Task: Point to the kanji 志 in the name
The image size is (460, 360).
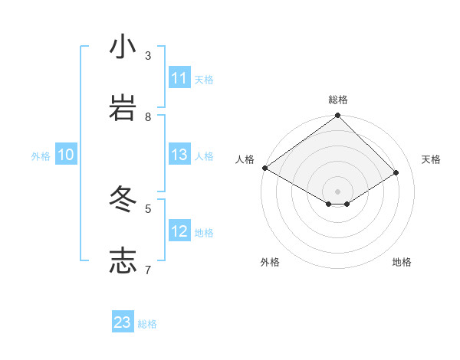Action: (x=123, y=260)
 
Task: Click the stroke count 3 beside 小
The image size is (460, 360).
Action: (x=148, y=55)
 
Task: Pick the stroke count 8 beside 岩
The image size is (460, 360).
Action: (x=148, y=116)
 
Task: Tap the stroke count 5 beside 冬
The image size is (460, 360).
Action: (x=148, y=208)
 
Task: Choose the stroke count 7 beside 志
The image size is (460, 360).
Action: (x=148, y=269)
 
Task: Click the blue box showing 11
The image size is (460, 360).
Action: (x=179, y=78)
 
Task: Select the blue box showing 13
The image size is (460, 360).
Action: (x=179, y=155)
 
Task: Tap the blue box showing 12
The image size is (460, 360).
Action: (x=179, y=231)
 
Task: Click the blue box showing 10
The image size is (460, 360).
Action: (x=66, y=155)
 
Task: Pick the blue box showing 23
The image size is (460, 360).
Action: (x=123, y=322)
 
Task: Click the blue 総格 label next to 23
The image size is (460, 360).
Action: (x=147, y=324)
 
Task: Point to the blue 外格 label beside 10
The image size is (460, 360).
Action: (x=41, y=156)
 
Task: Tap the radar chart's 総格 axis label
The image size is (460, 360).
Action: (x=338, y=100)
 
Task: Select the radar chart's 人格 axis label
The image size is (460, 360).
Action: (x=245, y=159)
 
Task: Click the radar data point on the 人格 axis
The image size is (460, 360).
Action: (x=264, y=168)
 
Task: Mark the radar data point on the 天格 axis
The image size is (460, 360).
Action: (x=396, y=172)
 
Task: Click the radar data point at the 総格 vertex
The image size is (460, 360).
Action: (x=338, y=116)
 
